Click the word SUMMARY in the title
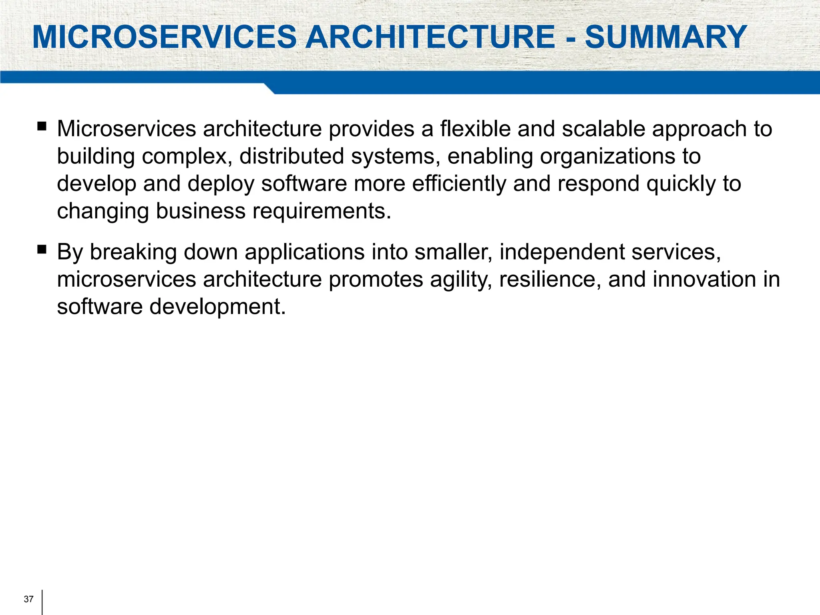[x=665, y=37]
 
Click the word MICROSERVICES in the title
[x=164, y=37]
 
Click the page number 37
[x=28, y=599]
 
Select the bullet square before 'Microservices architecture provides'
[x=42, y=127]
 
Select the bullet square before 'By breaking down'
[x=42, y=250]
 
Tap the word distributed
[x=291, y=156]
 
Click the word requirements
[x=321, y=211]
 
